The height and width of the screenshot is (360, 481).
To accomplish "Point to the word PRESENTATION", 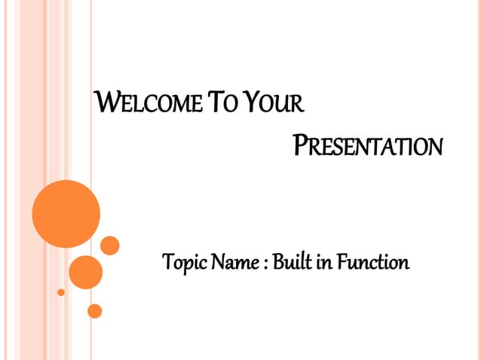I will (x=366, y=145).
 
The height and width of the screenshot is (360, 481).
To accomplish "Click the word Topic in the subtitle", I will (x=185, y=264).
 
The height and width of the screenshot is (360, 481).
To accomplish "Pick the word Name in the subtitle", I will (x=237, y=264).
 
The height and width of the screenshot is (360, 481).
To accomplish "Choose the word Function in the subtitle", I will (x=372, y=263).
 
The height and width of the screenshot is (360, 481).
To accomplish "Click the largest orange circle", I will (x=66, y=213).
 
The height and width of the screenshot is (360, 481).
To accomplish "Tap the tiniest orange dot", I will (x=61, y=291).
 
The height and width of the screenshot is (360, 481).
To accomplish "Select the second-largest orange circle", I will (x=85, y=272).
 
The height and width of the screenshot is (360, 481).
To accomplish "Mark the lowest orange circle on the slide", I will (x=94, y=310).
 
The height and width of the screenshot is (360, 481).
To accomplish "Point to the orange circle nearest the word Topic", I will (x=110, y=246).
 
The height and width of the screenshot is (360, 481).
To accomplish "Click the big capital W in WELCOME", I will (x=103, y=100).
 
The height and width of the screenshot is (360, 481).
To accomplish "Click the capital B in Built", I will (x=277, y=263).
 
